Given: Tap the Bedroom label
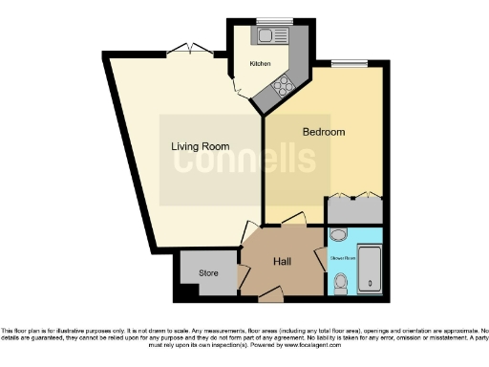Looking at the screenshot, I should click(323, 131).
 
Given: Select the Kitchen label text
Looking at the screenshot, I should click(260, 63).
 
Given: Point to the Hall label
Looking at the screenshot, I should click(282, 261).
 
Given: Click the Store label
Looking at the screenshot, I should click(208, 273).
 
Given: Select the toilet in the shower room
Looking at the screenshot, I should click(342, 281).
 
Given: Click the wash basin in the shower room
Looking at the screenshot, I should click(337, 234).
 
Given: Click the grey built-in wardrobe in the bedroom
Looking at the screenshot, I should click(354, 209).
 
